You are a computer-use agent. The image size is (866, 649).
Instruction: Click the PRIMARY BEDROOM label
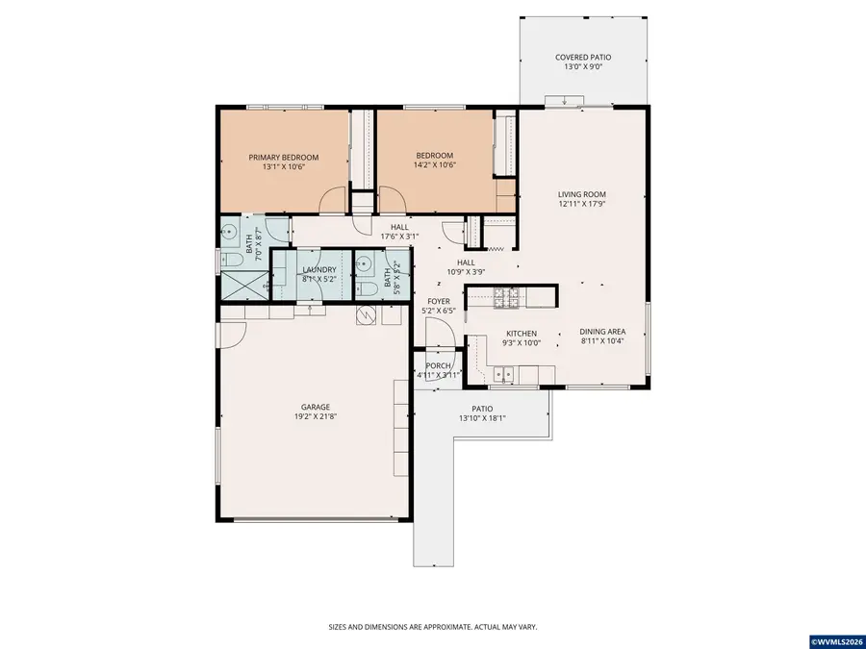coord(283,157)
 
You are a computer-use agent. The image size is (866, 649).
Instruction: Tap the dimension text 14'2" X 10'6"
coord(434,165)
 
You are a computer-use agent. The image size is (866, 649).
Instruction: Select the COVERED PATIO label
coord(583,58)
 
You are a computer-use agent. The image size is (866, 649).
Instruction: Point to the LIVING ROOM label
coord(582,194)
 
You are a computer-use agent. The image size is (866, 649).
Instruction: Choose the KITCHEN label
coord(522,334)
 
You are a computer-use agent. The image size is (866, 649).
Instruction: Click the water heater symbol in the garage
coord(365,315)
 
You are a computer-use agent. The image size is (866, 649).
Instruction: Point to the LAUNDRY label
coord(318,270)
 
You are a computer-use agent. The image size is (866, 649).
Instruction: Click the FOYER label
coord(439,301)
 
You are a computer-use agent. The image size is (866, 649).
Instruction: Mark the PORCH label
coord(439,365)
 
